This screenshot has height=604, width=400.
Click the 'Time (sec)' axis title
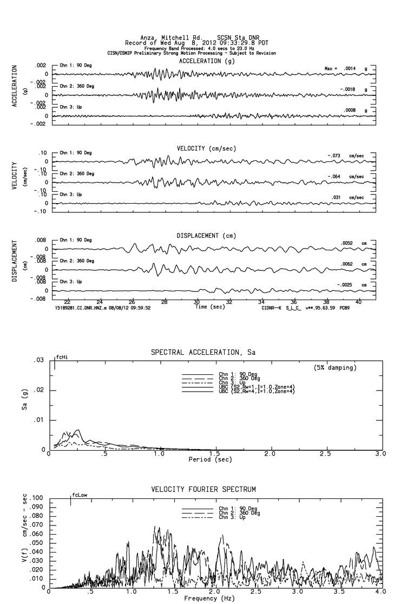(209, 307)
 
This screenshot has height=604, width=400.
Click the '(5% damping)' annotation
(335, 368)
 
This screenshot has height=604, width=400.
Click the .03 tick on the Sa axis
(40, 360)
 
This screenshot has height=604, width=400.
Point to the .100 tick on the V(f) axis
(38, 497)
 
